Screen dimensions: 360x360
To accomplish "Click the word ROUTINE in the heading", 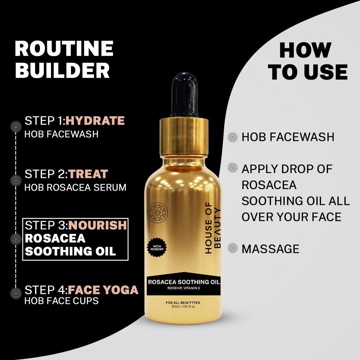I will tap(64, 49).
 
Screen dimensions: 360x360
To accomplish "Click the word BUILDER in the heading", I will tap(62, 70).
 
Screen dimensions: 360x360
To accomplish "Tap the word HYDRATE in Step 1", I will tap(95, 121).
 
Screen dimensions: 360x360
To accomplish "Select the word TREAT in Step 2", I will tap(88, 174).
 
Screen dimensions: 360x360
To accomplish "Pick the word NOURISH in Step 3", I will tap(98, 225).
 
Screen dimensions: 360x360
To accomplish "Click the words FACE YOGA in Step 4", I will tap(103, 290).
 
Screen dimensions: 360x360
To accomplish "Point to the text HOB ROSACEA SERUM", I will tap(75, 187).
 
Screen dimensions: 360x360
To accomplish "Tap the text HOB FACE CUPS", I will tap(62, 301).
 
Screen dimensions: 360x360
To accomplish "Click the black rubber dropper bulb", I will tap(184, 95).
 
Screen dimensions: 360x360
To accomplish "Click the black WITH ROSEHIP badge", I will tap(157, 247).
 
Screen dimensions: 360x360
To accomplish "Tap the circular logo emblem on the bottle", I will tap(158, 212).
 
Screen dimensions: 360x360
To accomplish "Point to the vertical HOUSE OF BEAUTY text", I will tap(213, 228).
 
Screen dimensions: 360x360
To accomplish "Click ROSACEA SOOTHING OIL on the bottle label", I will tap(184, 282).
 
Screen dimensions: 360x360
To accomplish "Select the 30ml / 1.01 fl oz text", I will tap(183, 307).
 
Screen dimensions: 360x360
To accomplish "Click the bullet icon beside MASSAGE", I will tap(232, 248).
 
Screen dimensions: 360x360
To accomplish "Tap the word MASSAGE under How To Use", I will tap(270, 249).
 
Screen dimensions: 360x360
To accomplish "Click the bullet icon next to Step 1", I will tap(16, 126).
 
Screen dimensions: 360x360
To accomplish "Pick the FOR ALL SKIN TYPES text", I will tap(183, 302).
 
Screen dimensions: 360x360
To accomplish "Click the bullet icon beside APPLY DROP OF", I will tap(232, 168).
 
